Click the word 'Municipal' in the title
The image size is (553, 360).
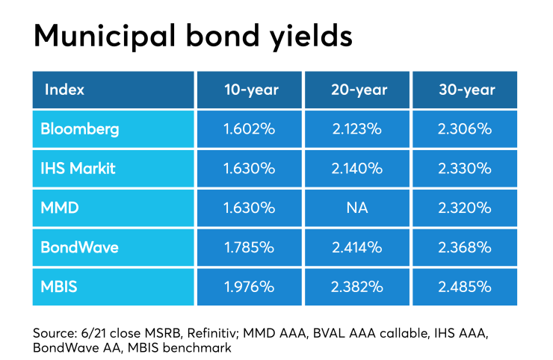[105, 37]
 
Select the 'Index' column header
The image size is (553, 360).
[64, 90]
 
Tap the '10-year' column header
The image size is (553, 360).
[251, 90]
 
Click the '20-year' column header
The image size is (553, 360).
[359, 90]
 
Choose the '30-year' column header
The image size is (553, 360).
[467, 90]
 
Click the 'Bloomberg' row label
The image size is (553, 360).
[80, 129]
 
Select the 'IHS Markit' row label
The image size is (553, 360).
[78, 168]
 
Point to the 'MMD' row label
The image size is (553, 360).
[60, 208]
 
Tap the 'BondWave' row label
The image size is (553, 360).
[79, 247]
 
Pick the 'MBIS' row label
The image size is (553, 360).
[58, 287]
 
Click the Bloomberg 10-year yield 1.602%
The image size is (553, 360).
[250, 129]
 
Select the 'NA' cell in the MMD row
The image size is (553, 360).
[357, 208]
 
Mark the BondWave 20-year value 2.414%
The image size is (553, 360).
[357, 247]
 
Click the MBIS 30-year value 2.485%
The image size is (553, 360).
[465, 287]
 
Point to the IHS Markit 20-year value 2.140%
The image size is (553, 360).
[357, 168]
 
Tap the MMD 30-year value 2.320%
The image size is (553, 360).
[465, 208]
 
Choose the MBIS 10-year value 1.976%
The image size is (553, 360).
[250, 287]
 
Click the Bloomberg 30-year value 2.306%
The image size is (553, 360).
[465, 129]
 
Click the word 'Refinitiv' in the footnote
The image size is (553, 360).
[211, 333]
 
